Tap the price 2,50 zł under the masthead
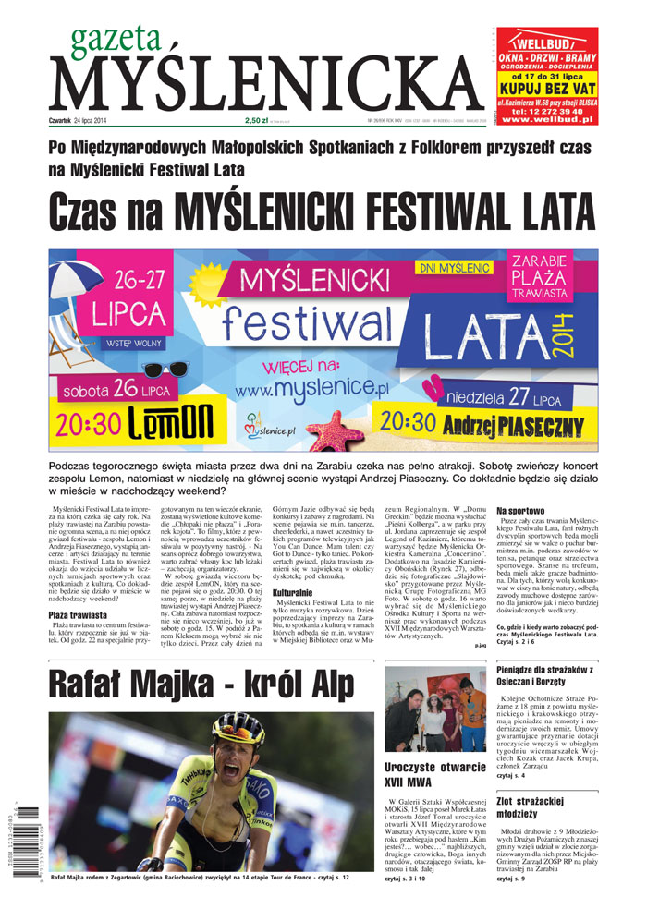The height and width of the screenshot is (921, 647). click(256, 120)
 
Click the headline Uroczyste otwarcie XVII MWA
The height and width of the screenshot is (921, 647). click(434, 775)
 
